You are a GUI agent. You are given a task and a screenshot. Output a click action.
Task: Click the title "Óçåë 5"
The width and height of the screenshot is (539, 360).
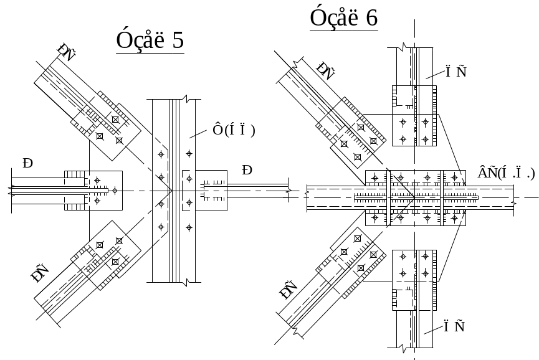tap(150, 41)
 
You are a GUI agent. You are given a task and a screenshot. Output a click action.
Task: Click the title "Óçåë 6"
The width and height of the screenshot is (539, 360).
tap(344, 18)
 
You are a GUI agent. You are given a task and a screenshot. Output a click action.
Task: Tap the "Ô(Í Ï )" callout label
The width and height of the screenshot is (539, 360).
tap(234, 130)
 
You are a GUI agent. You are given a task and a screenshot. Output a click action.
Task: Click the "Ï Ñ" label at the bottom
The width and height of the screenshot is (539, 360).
tap(456, 326)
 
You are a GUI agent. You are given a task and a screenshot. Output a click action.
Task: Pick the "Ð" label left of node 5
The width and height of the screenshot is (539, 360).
tap(27, 164)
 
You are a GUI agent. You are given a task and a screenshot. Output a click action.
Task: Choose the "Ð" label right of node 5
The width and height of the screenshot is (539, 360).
tap(247, 170)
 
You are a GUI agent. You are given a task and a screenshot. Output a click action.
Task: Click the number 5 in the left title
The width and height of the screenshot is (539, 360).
tap(177, 41)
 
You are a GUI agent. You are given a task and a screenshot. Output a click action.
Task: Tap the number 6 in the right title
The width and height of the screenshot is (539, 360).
tap(371, 18)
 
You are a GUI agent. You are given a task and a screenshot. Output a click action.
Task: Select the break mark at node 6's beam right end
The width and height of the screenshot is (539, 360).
tap(513, 201)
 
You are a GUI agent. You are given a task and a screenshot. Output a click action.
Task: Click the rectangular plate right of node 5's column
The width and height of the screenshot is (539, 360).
tap(212, 189)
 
